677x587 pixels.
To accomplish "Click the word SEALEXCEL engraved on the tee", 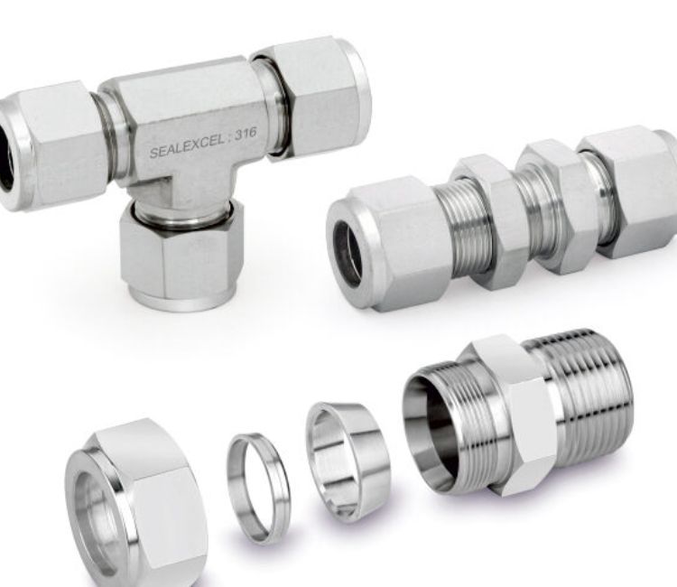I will click(x=186, y=145).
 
